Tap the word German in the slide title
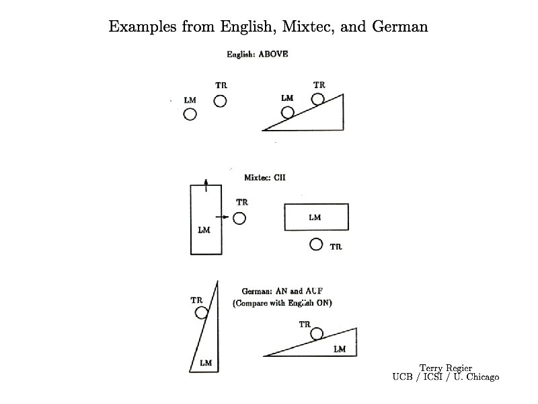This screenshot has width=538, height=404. click(x=397, y=27)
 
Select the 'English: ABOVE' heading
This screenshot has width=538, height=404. click(x=258, y=54)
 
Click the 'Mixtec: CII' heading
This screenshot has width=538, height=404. click(x=265, y=178)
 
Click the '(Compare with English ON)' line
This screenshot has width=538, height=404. click(x=282, y=303)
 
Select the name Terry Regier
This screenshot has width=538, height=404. click(x=445, y=368)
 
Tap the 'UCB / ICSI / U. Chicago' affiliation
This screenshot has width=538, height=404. click(x=445, y=377)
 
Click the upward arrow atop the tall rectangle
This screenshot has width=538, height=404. click(x=206, y=180)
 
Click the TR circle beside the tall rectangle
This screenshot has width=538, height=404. click(x=239, y=218)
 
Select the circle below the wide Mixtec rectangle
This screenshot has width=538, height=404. click(x=316, y=244)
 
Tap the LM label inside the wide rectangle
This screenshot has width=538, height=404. click(x=315, y=217)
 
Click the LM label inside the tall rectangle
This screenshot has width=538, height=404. click(x=204, y=230)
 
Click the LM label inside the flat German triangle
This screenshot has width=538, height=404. click(x=340, y=349)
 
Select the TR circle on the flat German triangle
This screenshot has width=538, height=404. click(x=316, y=333)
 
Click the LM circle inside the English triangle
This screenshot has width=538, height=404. click(x=287, y=112)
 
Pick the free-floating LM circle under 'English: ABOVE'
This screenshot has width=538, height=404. click(x=190, y=114)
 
